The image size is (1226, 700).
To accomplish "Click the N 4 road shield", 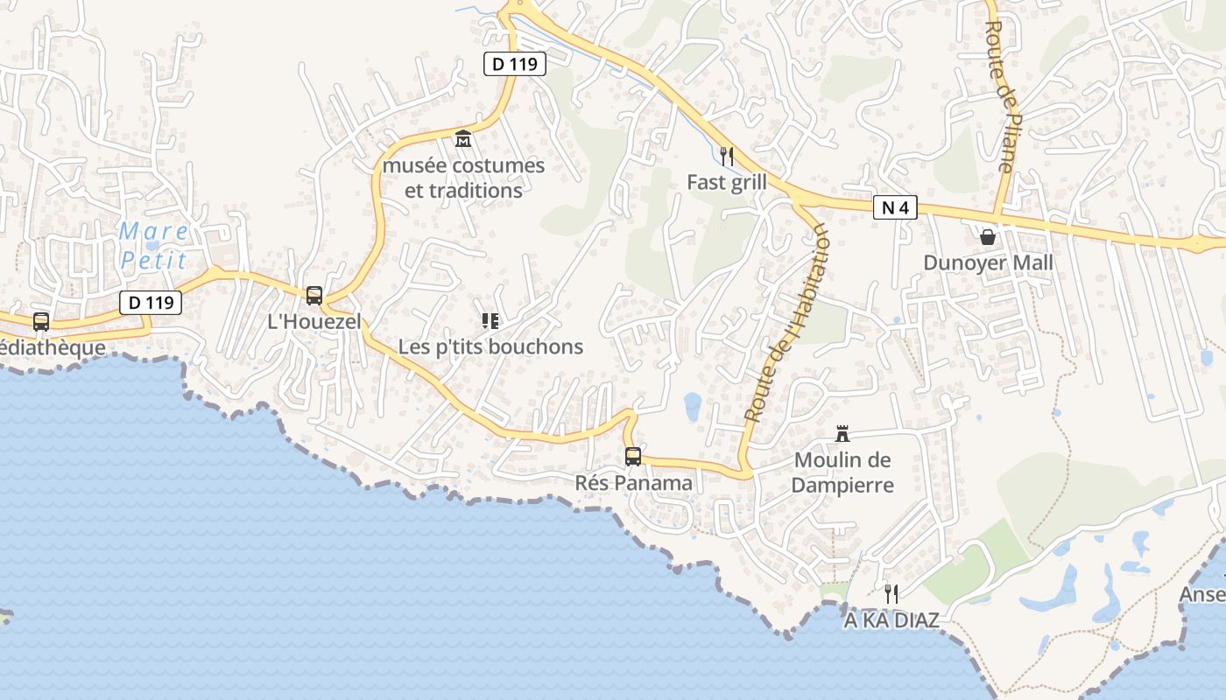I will [895, 207].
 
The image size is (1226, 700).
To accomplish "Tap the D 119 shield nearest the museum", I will [515, 63].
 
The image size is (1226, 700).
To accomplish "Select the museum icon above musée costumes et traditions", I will [462, 138].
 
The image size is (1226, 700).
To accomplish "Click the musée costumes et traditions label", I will [463, 178].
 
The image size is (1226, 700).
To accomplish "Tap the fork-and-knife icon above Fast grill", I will [726, 156].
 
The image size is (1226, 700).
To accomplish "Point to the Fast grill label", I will [726, 182].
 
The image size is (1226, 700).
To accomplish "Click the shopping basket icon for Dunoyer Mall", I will [988, 236].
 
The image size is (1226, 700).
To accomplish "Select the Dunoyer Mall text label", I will [988, 262].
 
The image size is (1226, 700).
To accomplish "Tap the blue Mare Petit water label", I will [154, 246].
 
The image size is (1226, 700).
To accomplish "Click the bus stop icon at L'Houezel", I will [314, 296].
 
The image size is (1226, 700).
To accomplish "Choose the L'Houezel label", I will [314, 322].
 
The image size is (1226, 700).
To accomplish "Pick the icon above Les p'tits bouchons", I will [490, 321].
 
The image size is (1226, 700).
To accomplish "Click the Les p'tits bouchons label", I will [490, 346].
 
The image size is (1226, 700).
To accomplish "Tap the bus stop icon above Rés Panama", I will [632, 456].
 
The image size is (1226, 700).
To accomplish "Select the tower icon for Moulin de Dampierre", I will [842, 433].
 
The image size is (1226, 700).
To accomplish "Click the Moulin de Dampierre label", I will [842, 472].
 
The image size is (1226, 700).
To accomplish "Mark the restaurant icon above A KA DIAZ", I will [891, 594].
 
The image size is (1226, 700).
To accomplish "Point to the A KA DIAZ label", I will [891, 620].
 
